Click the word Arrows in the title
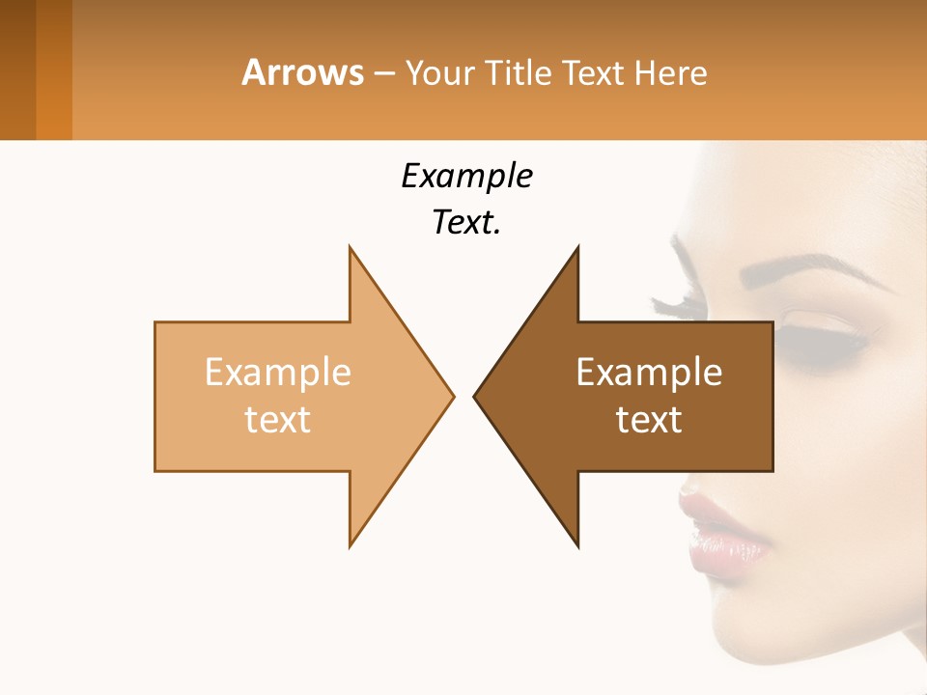coord(302,72)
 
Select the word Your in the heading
coord(439,73)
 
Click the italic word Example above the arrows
coord(466,177)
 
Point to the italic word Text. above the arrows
coord(466,223)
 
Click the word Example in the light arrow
coord(278,372)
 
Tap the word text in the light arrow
coord(278,420)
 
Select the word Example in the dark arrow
coord(649,372)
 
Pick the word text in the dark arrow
coord(649,420)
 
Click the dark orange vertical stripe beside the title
coord(54,69)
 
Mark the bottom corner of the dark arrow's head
coord(577,545)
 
